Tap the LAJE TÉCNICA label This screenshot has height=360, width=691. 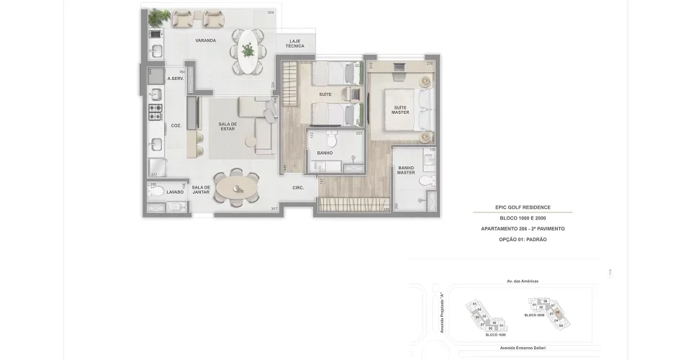coord(294,43)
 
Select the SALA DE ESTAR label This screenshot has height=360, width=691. coord(228,127)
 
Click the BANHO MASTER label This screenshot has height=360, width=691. coord(406,170)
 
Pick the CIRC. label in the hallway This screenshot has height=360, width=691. coord(298,188)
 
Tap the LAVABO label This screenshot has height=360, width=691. coord(175,192)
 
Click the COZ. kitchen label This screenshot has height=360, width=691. coord(176,125)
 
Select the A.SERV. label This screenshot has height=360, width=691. coord(176,78)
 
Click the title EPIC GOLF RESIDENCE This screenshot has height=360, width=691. coord(523,207)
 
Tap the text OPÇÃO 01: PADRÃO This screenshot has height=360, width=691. coord(523,239)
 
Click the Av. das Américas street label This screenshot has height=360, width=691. coord(523,282)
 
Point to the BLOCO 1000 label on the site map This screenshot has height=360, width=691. coord(495,335)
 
